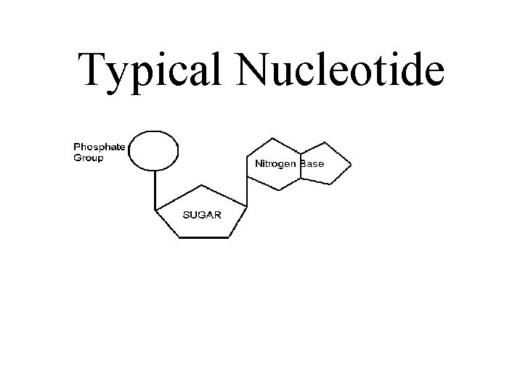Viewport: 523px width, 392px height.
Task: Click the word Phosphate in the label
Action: click(99, 147)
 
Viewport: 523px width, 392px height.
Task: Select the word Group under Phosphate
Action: click(88, 158)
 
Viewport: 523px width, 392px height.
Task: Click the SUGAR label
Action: click(201, 215)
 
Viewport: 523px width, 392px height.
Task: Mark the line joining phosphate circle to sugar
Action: click(154, 189)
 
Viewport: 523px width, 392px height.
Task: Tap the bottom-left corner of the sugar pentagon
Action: click(176, 239)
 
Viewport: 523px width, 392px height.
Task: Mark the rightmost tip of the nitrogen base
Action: click(351, 166)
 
